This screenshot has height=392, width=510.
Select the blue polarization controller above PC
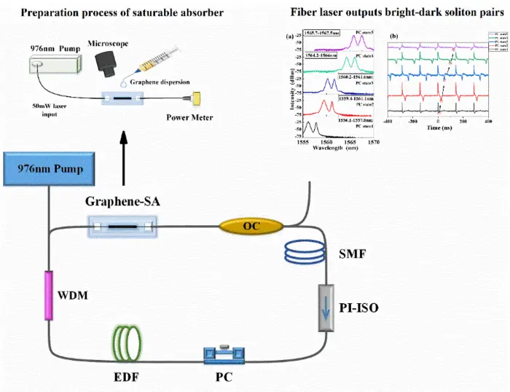click(x=227, y=356)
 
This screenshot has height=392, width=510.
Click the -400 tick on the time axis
click(x=388, y=121)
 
